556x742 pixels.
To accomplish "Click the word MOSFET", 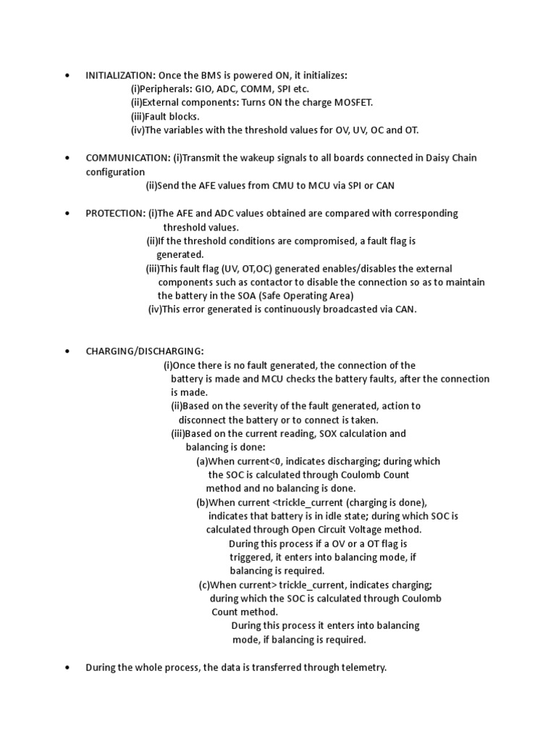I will pos(353,103).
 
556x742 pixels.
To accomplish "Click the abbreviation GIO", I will pos(206,89).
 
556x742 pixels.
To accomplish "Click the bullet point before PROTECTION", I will pos(67,213).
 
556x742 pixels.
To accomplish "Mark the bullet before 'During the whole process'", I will pos(67,667).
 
